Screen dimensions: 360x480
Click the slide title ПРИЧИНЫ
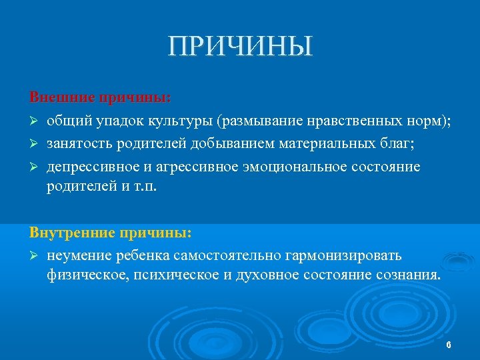tap(240, 47)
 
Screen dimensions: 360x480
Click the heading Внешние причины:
tap(100, 98)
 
